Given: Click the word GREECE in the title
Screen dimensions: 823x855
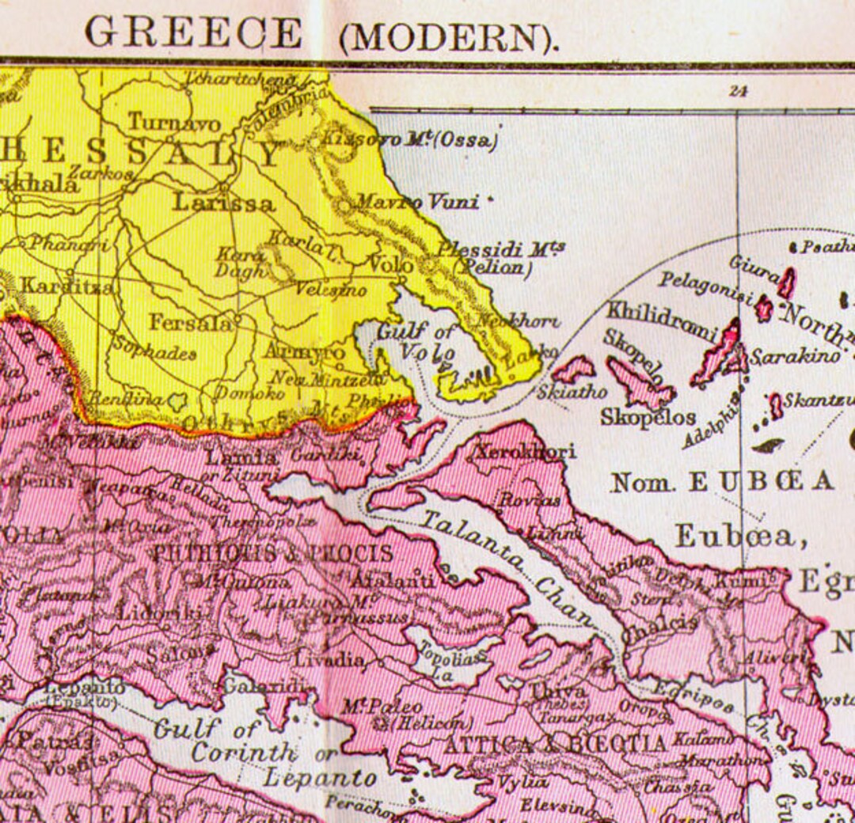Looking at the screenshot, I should [194, 33].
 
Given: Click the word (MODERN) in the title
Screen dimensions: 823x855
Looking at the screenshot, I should [449, 36].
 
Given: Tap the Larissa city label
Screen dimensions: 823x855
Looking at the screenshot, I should [223, 203].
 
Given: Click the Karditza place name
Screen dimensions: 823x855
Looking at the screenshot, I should [66, 286].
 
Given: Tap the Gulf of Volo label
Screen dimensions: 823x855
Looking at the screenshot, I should [417, 341].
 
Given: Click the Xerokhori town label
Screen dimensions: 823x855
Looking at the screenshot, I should [524, 452].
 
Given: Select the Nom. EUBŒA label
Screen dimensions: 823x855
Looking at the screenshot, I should [722, 481].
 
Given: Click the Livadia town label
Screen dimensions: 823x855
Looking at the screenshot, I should [330, 658].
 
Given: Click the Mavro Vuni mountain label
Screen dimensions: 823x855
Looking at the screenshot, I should [416, 203].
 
